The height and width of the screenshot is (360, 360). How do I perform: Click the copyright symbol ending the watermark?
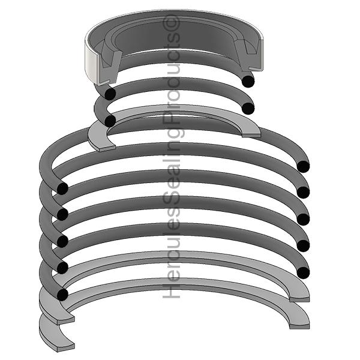pos(175,25)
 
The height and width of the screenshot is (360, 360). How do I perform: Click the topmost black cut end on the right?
pos(248,80)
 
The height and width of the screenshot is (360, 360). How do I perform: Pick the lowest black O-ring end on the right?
pos(304,272)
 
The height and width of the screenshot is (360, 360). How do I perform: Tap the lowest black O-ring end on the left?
pos(62,294)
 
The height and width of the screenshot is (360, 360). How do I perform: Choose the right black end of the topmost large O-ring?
pos(304,166)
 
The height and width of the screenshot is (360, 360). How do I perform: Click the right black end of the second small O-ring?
pos(248,108)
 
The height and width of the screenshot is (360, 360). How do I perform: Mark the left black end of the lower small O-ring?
pos(109,121)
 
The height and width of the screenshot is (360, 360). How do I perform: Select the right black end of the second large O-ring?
pos(304,193)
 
